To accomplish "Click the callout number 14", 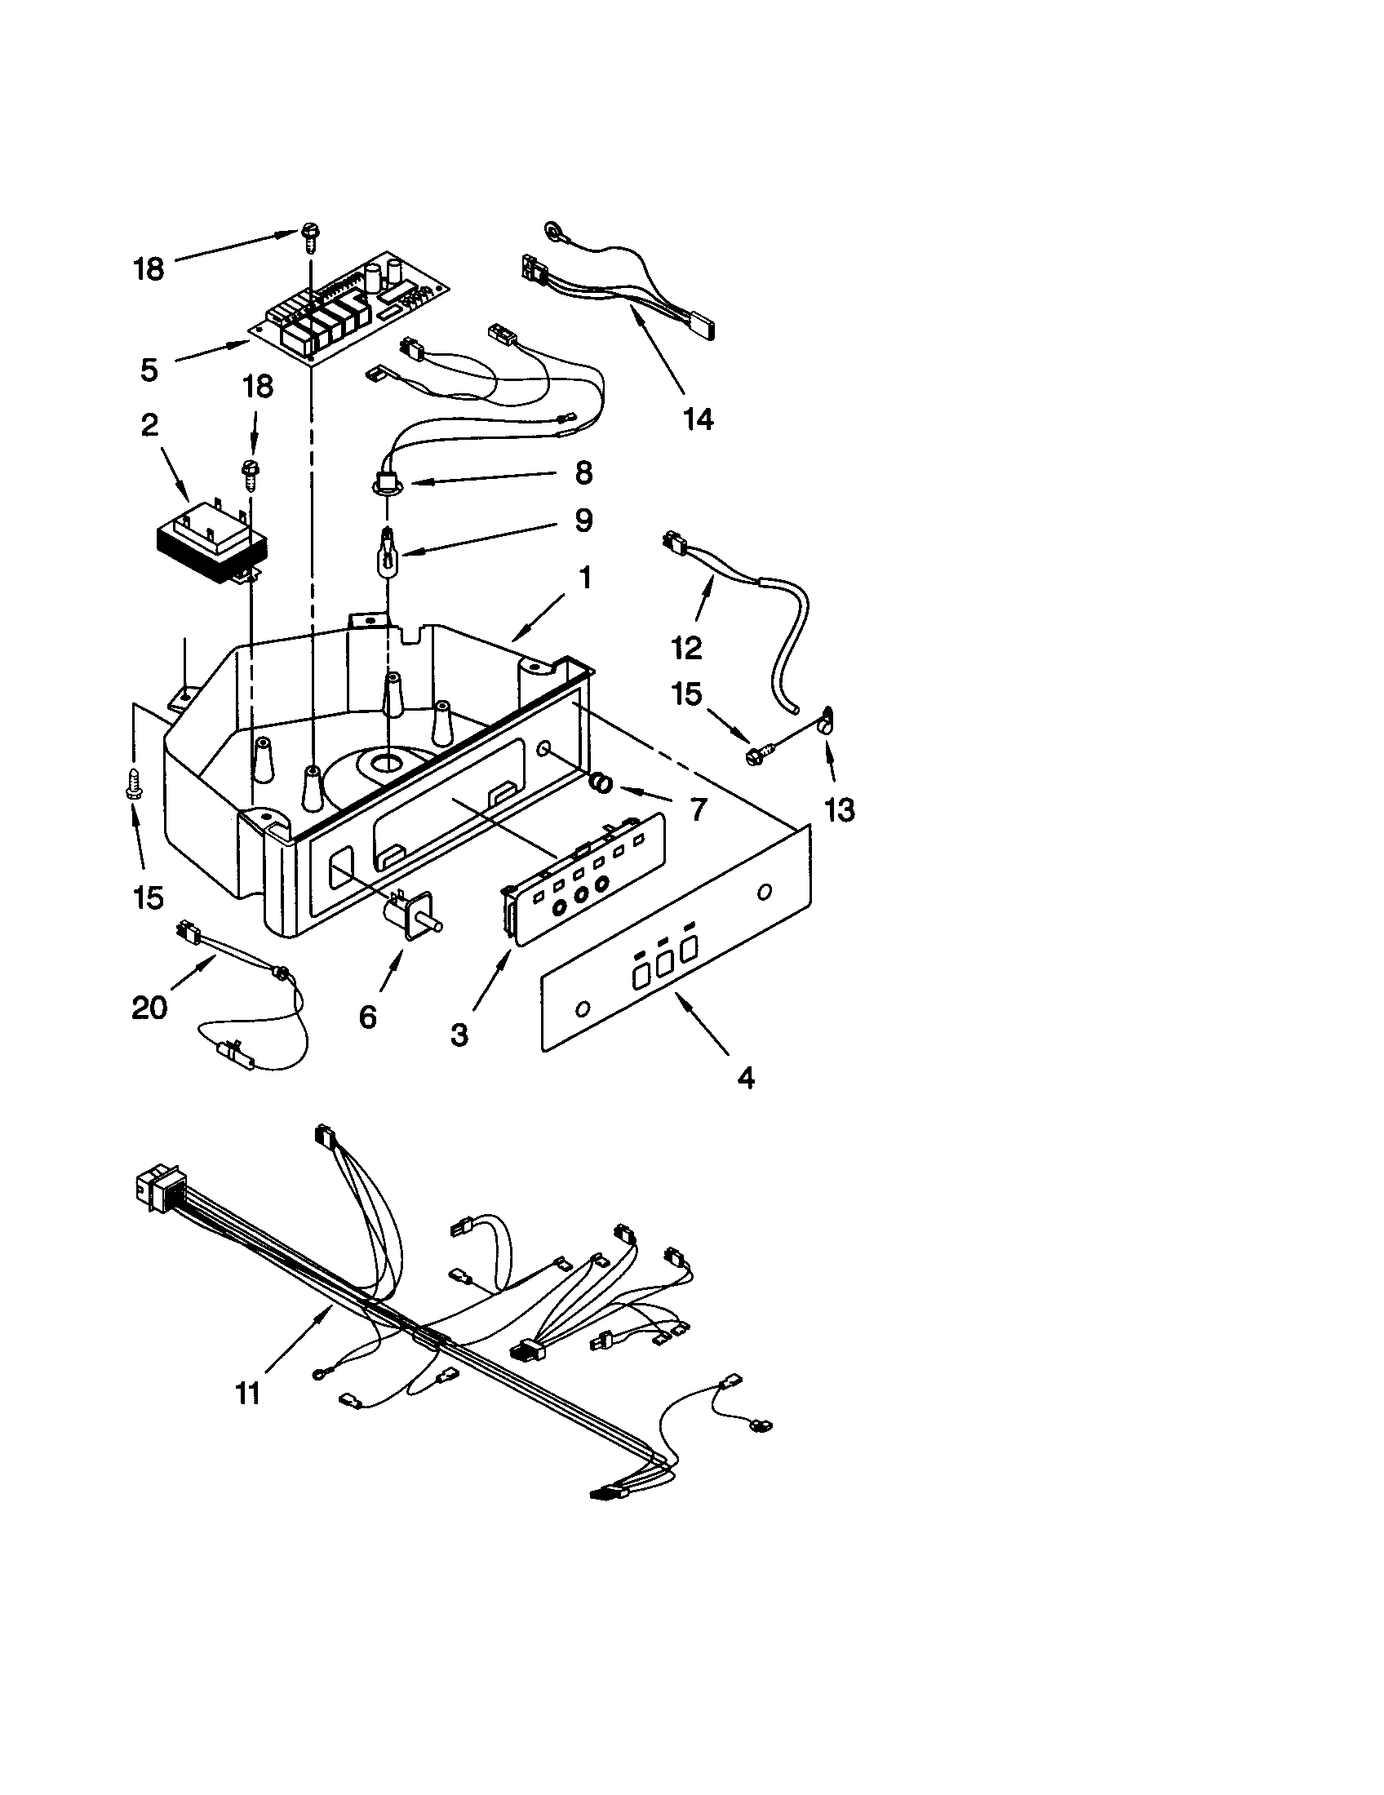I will (698, 419).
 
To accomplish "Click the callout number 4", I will (745, 1078).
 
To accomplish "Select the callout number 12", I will (687, 649).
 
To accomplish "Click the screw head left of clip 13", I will (754, 754).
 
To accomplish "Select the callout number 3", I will (459, 1035).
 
